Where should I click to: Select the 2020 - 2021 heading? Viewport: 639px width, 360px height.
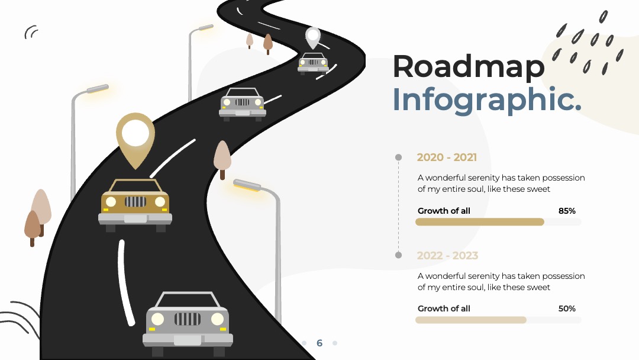447,157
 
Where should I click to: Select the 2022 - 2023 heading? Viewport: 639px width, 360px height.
447,256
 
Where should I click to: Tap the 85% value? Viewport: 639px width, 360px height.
567,211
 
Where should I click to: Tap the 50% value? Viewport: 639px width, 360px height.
567,308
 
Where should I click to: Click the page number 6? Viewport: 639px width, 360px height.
319,343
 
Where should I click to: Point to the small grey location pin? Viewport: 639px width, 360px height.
313,38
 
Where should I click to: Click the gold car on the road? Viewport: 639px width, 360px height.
135,205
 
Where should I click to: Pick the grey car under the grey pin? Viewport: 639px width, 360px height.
313,63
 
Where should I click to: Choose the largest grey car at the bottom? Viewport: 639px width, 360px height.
188,324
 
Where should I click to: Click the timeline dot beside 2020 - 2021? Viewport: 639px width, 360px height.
399,157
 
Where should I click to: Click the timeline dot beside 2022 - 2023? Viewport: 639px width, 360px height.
399,255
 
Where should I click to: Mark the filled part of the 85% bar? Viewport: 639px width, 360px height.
480,222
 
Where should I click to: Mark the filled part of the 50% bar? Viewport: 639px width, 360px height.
471,320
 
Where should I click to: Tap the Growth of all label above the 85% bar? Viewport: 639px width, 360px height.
444,211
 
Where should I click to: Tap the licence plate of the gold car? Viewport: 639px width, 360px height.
135,219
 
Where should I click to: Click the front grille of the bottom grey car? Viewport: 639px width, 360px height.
188,319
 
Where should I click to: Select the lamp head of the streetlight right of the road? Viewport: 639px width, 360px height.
247,185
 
